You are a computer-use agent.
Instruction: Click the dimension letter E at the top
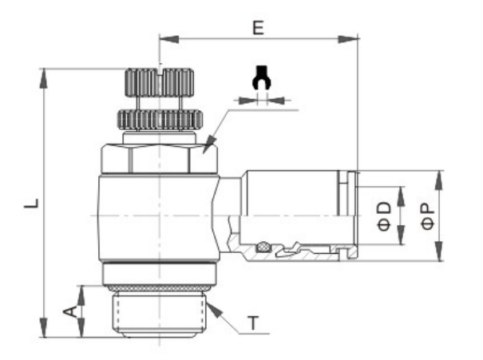258,28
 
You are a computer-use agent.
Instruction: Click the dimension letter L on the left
31,204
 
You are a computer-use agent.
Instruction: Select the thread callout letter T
254,323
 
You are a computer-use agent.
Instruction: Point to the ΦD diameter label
384,216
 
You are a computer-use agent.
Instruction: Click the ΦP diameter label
428,216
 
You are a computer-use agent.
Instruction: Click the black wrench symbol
261,77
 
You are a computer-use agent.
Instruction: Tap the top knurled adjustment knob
159,82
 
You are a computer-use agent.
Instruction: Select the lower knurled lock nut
160,120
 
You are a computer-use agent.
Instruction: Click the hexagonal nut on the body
160,159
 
